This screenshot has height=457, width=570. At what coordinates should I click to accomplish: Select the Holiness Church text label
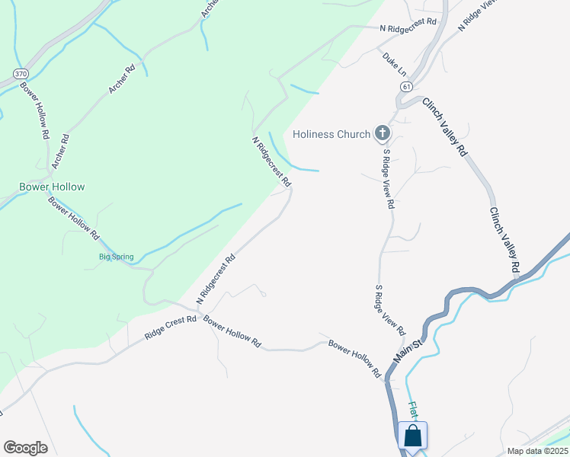331,135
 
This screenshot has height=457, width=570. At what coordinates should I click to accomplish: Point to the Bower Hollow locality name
52,187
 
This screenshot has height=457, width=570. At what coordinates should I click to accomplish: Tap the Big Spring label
117,257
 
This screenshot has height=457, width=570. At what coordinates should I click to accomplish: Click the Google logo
26,448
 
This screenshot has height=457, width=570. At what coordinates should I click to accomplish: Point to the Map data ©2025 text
538,451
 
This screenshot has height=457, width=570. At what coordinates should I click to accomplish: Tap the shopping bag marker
412,436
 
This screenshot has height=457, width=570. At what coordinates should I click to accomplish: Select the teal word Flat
413,411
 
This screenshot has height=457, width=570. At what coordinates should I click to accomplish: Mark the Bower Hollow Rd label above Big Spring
74,219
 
